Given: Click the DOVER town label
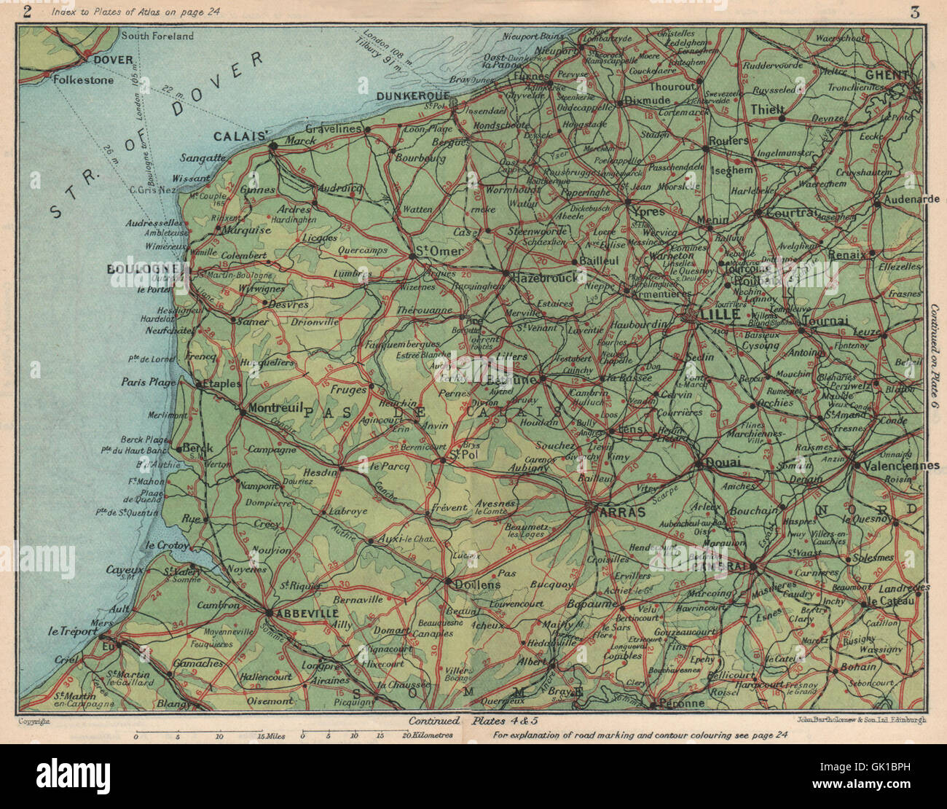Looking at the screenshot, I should click(x=113, y=60).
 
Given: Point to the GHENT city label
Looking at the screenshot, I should click(x=887, y=74).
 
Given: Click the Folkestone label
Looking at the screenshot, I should click(x=84, y=80).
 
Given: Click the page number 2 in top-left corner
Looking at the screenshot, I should click(x=28, y=11).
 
